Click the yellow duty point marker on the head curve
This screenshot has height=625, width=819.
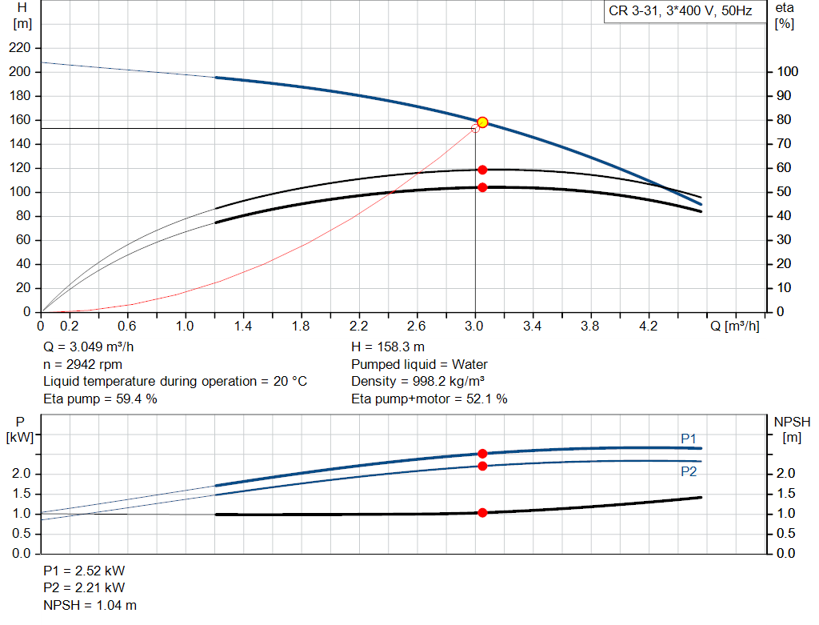coord(482,122)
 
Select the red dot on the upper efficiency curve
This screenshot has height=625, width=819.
coord(482,170)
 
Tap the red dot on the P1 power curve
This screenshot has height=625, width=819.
coord(482,454)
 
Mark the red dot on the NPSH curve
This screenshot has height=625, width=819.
coord(482,512)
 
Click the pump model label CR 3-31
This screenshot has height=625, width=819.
coord(638,12)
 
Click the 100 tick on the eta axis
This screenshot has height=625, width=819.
coord(788,72)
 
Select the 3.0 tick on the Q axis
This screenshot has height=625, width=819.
coord(475,327)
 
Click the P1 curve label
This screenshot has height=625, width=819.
coord(689,439)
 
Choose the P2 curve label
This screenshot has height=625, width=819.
coord(689,472)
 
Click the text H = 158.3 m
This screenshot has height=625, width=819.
coord(387,347)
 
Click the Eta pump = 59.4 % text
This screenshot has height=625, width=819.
coord(100,398)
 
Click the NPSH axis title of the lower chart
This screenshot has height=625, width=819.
coord(793,422)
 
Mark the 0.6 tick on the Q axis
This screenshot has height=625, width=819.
coord(128,327)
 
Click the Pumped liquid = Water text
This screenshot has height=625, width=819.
coord(419,364)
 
